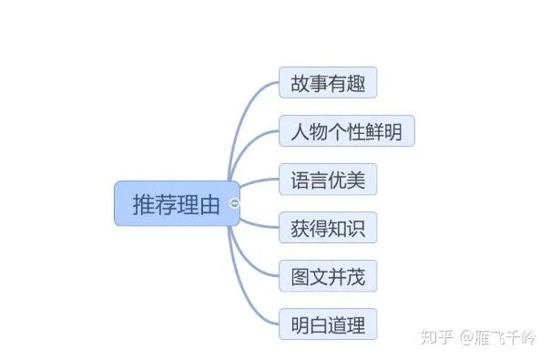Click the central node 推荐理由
click(176, 204)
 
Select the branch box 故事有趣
click(328, 84)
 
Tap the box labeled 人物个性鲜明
click(346, 131)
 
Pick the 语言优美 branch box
click(328, 180)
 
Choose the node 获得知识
click(328, 228)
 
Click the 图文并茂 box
click(328, 276)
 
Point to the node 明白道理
click(328, 324)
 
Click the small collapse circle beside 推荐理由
click(235, 203)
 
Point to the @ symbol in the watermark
click(466, 338)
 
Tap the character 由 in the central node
click(209, 204)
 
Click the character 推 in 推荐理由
click(144, 204)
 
